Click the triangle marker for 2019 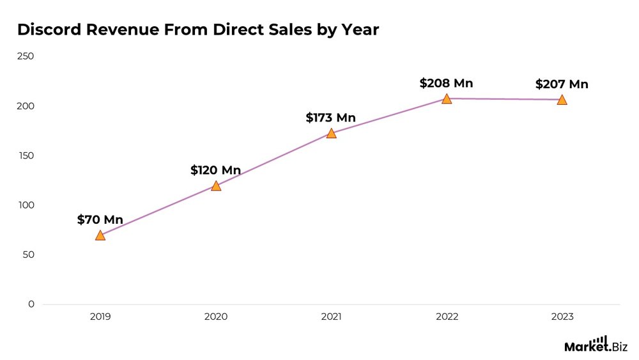(100, 235)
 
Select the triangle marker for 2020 (216, 186)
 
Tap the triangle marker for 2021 (331, 134)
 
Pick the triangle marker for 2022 (447, 98)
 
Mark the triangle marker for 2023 (562, 100)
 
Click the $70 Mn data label (100, 219)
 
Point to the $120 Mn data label (215, 170)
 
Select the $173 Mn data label (330, 118)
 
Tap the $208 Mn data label (446, 83)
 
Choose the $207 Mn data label (562, 84)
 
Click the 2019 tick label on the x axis (100, 317)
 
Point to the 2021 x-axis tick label (331, 317)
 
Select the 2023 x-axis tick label (562, 317)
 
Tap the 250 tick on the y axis (26, 56)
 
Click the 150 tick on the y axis (26, 155)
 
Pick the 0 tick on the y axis (31, 304)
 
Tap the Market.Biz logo (595, 345)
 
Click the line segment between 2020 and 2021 (273, 160)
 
